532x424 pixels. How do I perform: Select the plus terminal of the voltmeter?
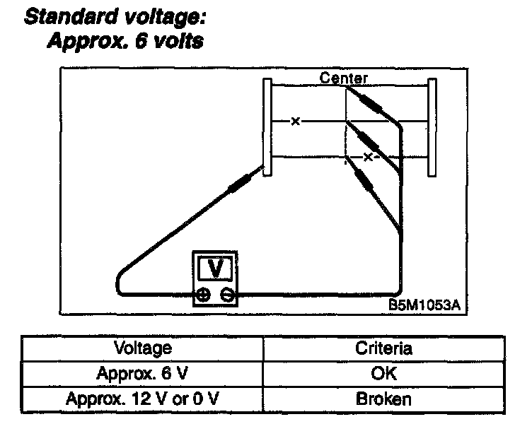coord(204,295)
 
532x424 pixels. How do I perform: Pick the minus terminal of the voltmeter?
coord(227,295)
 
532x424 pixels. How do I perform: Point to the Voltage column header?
coord(142,347)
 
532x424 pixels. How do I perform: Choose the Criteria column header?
coord(384,347)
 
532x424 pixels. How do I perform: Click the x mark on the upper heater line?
coord(296,122)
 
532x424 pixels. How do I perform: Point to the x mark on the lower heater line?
coord(367,157)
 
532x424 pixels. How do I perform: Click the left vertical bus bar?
coord(267,127)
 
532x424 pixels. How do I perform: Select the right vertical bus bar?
coord(432,127)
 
